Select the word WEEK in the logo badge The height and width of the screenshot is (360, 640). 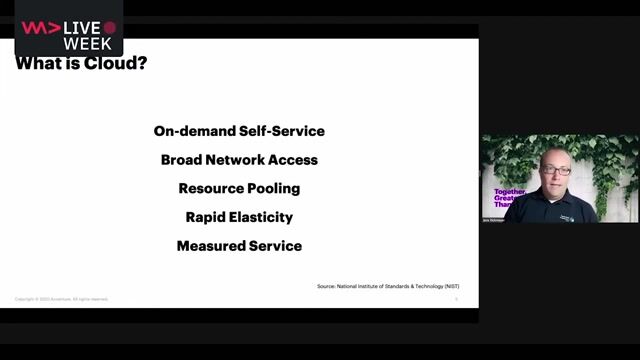(87, 44)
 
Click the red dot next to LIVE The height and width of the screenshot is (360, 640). (109, 28)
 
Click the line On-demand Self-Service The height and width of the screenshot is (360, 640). (239, 131)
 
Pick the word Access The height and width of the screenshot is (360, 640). (295, 159)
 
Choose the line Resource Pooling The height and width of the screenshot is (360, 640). (239, 188)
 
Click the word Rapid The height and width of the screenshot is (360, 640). (205, 216)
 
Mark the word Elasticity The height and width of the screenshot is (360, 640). (261, 216)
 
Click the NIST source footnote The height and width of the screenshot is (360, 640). (388, 286)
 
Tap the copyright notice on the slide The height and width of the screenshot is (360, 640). (62, 299)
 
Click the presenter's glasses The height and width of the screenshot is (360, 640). (555, 170)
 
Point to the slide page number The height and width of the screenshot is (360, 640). (456, 298)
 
